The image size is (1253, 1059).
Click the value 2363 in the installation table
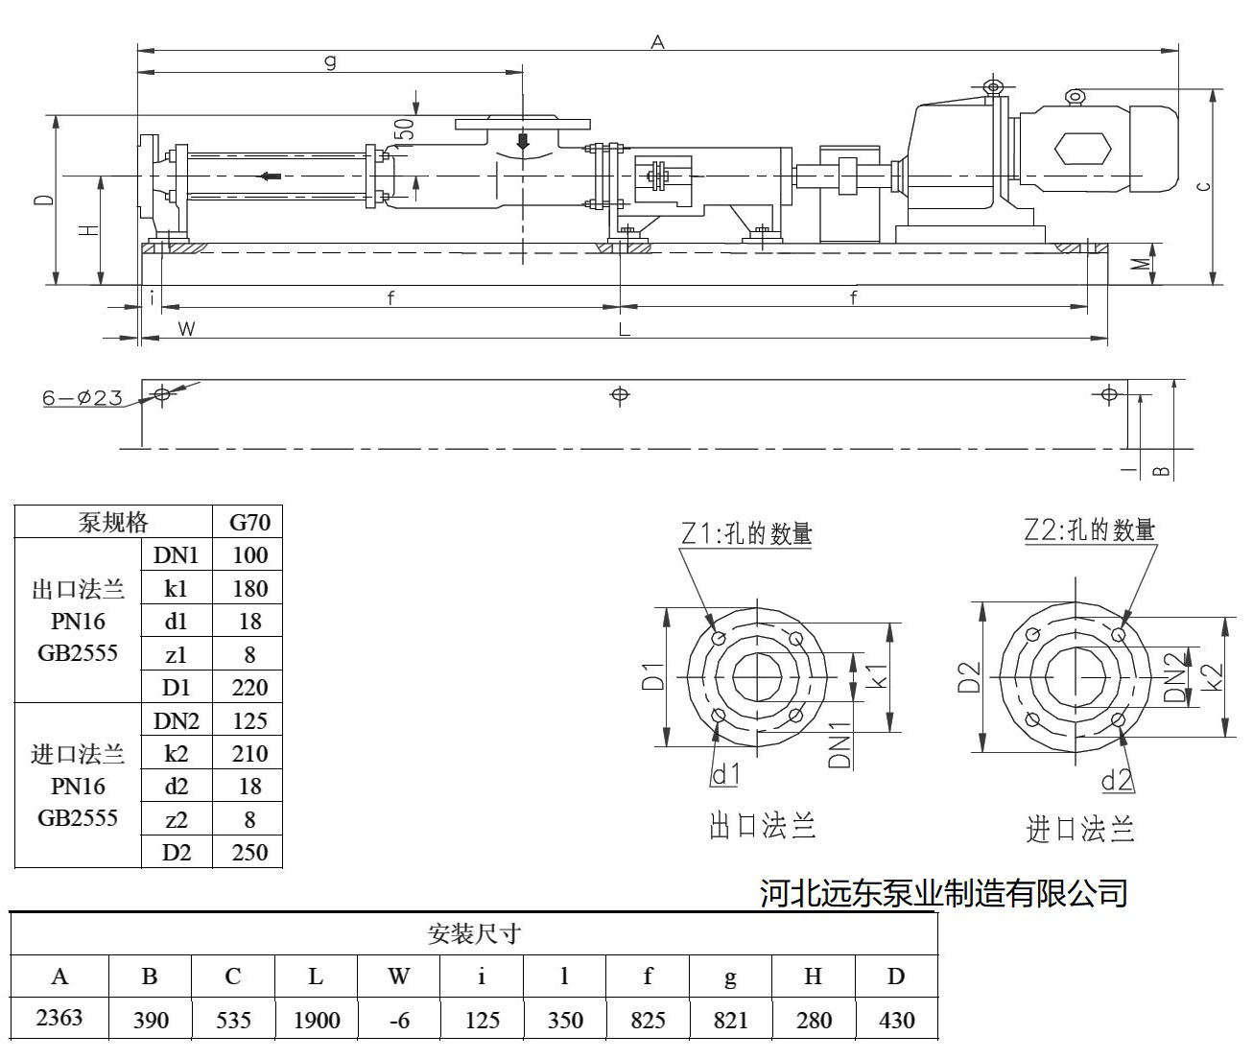tap(59, 1018)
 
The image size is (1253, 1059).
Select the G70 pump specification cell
tap(249, 523)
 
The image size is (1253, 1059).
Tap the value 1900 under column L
tap(317, 1020)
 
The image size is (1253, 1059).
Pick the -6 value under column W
tap(399, 1020)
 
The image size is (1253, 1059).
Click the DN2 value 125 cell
tap(249, 720)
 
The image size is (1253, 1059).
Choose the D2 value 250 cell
tap(249, 852)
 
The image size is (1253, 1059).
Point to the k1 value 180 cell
tap(249, 589)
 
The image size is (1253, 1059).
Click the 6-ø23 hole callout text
tap(83, 397)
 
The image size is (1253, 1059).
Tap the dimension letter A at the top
tap(657, 41)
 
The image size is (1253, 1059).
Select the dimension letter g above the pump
tap(330, 62)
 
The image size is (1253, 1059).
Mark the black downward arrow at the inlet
tap(523, 141)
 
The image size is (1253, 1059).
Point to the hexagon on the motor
tap(1082, 149)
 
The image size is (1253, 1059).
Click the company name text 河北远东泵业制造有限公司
tap(943, 893)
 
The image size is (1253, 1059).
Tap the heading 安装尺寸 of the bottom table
tap(473, 933)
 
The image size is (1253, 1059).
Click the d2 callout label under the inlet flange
tap(1117, 780)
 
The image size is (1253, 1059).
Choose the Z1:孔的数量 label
tap(747, 533)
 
